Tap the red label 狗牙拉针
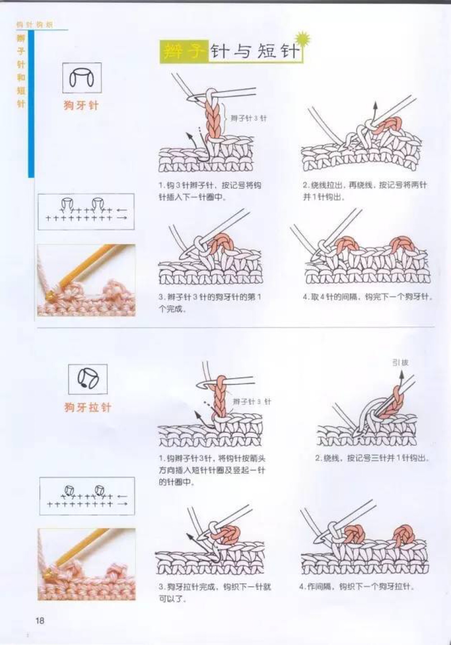pyautogui.click(x=88, y=407)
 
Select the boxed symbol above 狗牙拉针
pyautogui.click(x=88, y=379)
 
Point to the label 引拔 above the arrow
pyautogui.click(x=400, y=363)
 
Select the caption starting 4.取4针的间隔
pyautogui.click(x=368, y=297)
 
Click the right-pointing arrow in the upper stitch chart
pyautogui.click(x=122, y=218)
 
